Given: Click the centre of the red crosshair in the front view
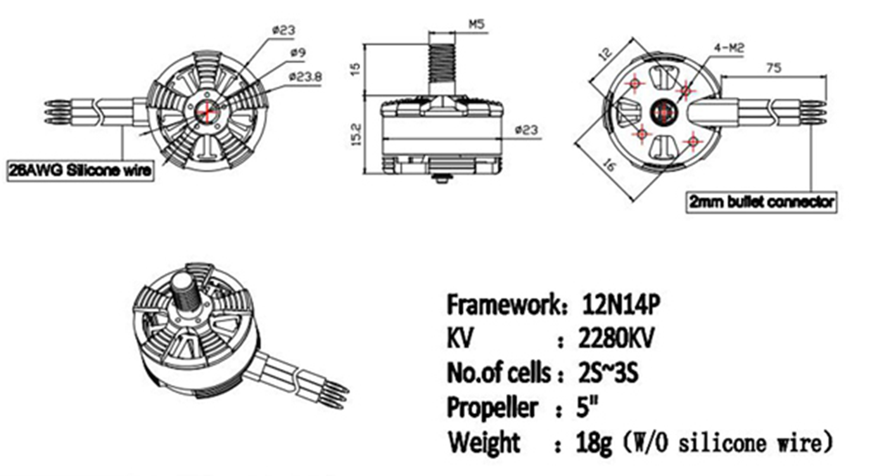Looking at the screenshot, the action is [207, 112].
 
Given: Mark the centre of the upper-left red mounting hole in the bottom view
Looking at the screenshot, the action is [635, 83].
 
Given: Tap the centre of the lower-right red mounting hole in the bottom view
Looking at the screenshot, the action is [693, 141].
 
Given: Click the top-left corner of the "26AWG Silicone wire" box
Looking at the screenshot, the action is [7, 160].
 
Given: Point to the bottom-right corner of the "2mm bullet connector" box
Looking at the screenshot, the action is [837, 213].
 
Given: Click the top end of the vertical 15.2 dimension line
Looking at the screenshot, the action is [364, 95].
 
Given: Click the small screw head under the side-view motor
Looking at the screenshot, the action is [442, 178].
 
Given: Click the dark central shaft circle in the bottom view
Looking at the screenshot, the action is [664, 112].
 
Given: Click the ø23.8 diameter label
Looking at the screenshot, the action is [306, 77].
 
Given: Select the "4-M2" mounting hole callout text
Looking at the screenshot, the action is [729, 49].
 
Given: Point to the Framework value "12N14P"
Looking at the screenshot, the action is [621, 305].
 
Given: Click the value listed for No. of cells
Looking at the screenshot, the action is [608, 373].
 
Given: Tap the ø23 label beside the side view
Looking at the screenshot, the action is [527, 130].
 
